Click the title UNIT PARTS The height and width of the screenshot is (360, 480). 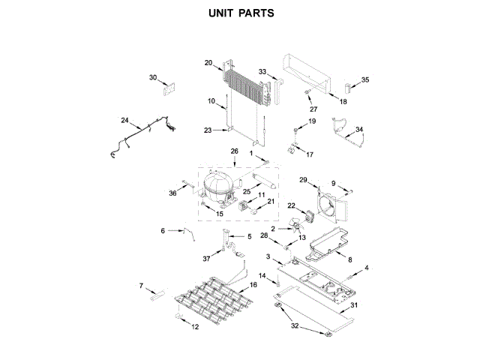coord(239,13)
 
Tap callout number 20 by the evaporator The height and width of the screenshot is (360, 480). coord(208,64)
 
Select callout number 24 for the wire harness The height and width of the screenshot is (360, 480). coord(125,121)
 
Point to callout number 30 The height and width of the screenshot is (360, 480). coord(153,77)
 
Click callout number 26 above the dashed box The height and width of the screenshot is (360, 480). coord(234,152)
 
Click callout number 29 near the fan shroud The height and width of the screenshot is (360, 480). coord(304,180)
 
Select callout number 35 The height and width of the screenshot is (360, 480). coord(365,80)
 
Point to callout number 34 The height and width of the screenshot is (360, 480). coord(359,130)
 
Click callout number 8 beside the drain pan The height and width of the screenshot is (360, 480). coord(349,259)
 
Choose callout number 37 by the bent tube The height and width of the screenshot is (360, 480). coord(207,259)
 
